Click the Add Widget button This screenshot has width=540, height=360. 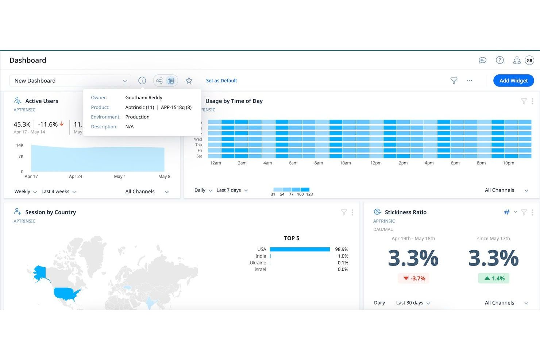click(513, 81)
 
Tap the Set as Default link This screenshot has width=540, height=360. click(221, 81)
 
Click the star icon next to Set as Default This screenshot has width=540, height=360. click(189, 81)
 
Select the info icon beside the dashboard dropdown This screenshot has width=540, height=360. click(142, 81)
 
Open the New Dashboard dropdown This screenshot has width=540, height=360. click(70, 81)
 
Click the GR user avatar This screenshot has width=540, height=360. click(529, 61)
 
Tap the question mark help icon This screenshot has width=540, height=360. click(499, 60)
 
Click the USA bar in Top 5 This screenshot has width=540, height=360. click(300, 249)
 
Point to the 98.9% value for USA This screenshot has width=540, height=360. click(342, 249)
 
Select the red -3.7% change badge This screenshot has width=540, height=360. click(414, 278)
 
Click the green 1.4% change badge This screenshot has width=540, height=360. click(494, 278)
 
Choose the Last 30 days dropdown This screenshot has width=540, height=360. click(413, 303)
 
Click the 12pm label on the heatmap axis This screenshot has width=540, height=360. click(376, 163)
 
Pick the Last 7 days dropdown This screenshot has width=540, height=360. click(232, 190)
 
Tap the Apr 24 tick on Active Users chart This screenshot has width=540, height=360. click(76, 177)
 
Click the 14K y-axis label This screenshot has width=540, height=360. click(20, 145)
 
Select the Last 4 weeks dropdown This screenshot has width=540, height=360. click(59, 191)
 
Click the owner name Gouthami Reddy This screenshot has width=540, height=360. click(144, 98)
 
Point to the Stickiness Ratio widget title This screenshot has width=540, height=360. click(405, 212)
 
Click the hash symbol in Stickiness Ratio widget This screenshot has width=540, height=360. click(507, 212)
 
